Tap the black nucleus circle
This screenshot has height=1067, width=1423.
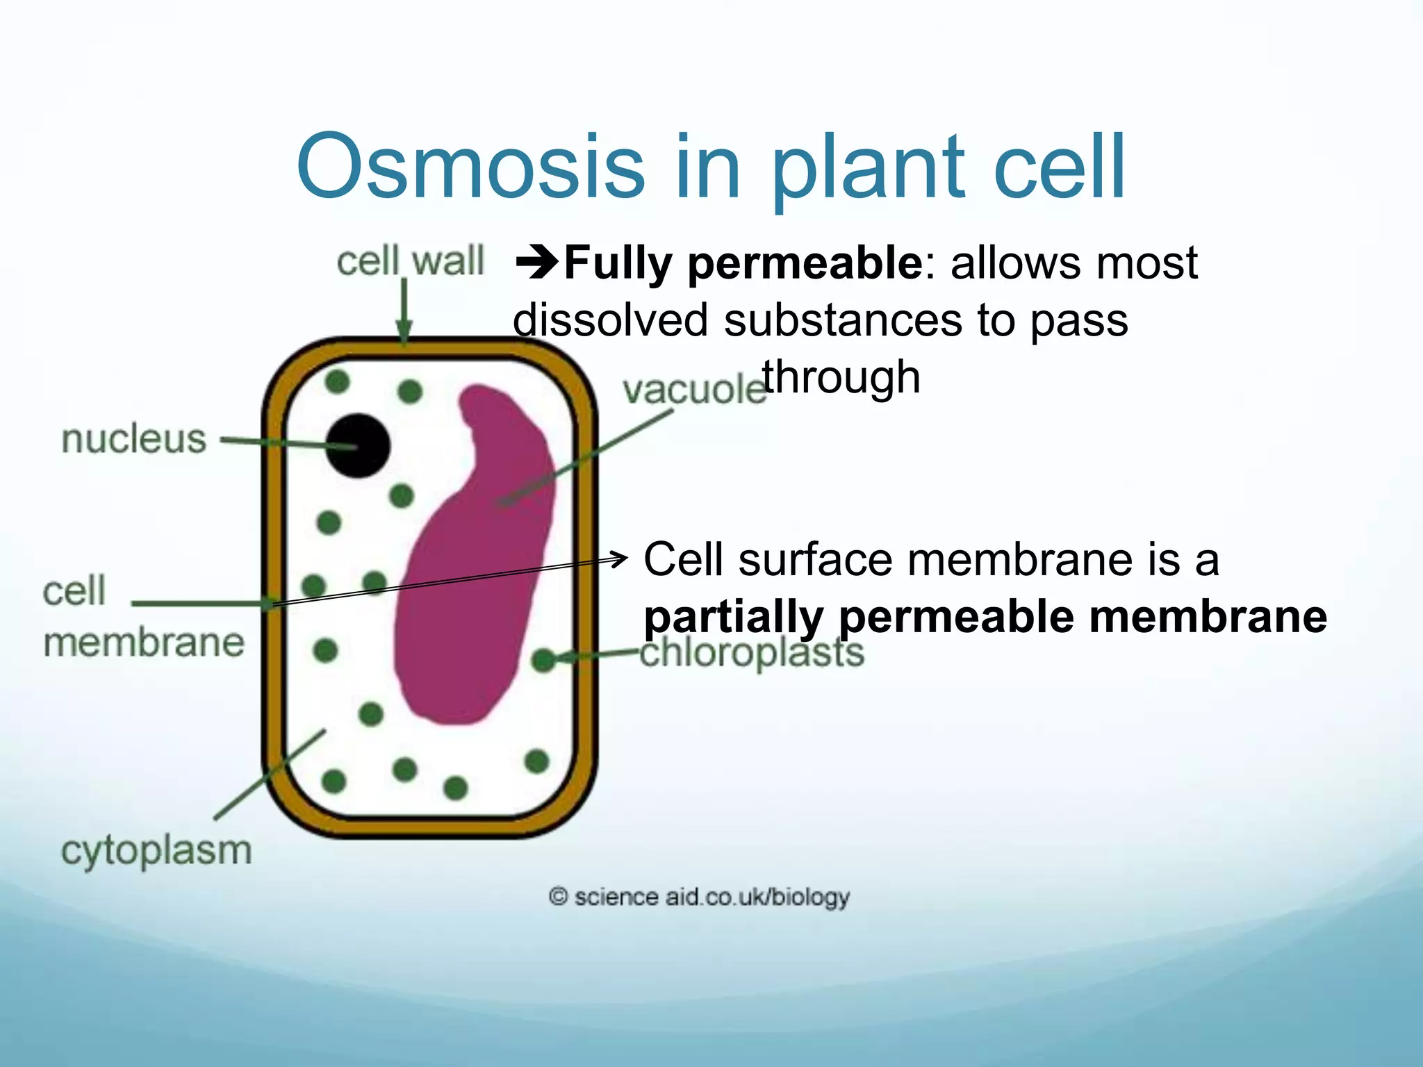(x=359, y=445)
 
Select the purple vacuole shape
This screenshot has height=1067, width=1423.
(x=472, y=590)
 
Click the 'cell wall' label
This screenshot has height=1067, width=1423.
(x=410, y=261)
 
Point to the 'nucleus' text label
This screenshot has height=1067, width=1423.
(x=134, y=439)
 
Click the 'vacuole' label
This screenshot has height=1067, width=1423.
(x=693, y=390)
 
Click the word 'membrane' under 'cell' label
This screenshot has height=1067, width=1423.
(x=144, y=643)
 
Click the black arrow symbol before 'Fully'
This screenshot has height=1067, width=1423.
(x=536, y=263)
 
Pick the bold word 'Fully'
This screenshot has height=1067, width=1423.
(x=618, y=263)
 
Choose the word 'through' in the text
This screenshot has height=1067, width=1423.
(x=841, y=377)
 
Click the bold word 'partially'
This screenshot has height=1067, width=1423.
(x=733, y=617)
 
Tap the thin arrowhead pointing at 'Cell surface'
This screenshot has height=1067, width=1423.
(x=620, y=557)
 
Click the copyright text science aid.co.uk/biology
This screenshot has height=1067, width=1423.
(x=699, y=897)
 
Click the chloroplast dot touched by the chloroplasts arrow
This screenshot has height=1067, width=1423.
(x=543, y=660)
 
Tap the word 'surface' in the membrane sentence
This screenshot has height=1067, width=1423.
(x=814, y=559)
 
